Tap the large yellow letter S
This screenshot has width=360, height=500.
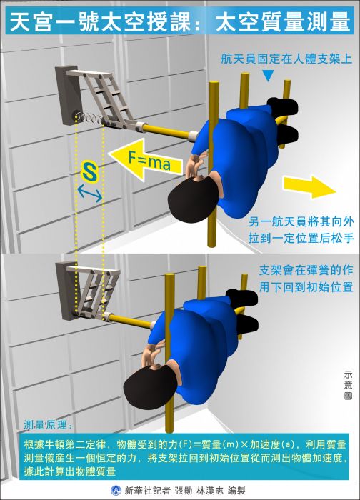89,172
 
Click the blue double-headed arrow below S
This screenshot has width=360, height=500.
89,194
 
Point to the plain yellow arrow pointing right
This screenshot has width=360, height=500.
309,186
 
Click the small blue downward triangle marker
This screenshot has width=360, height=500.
268,76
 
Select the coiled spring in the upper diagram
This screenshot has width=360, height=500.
89,119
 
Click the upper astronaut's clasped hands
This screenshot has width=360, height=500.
195,164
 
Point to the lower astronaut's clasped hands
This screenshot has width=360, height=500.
152,353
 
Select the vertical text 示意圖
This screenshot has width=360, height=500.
348,385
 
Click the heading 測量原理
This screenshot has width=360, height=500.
48,425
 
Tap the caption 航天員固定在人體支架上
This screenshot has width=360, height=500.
286,59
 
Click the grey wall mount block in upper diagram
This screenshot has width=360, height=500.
68,96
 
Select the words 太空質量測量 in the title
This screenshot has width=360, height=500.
283,21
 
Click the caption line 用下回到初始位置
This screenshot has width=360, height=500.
306,286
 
